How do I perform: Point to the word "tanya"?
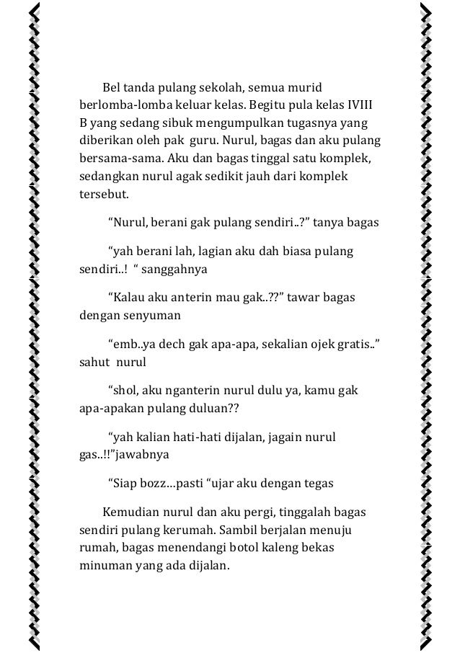[x=331, y=221]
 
